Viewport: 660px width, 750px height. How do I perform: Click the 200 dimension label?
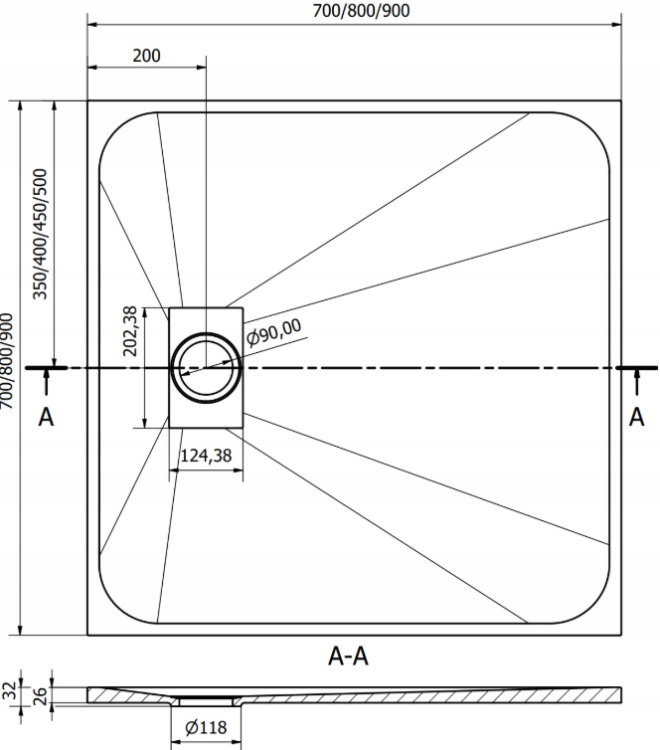click(146, 56)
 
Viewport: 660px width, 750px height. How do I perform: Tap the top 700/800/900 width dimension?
click(361, 11)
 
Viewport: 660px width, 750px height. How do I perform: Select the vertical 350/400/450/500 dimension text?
click(40, 234)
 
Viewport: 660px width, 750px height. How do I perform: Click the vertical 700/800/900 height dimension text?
click(6, 361)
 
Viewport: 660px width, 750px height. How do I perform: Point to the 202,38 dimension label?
click(130, 331)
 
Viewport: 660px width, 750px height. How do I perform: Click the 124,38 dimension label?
click(206, 456)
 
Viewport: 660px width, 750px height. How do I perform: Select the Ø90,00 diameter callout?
click(274, 332)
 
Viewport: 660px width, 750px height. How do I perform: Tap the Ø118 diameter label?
click(206, 727)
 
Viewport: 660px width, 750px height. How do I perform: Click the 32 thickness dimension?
click(10, 690)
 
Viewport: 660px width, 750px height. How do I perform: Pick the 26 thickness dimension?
click(41, 696)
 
